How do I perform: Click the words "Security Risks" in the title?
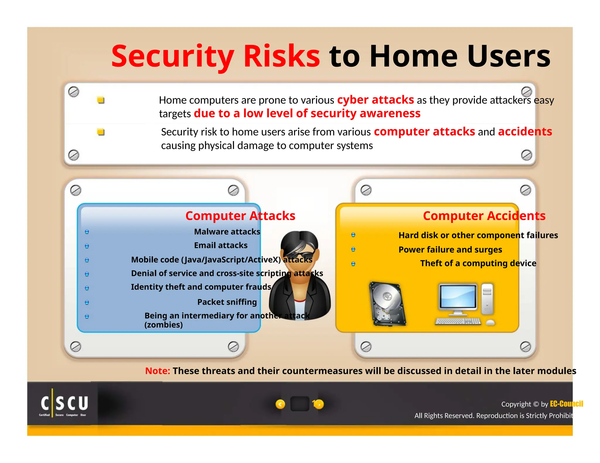tap(216, 56)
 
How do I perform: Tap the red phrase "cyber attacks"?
tap(375, 100)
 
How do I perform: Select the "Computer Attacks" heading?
tap(240, 216)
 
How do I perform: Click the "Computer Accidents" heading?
tap(484, 216)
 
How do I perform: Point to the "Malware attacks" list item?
tap(227, 232)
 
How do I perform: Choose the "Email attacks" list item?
tap(221, 246)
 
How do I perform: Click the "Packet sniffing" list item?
tap(227, 302)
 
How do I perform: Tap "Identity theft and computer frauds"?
tap(201, 287)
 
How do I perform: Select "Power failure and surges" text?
tap(450, 250)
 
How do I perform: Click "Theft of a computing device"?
tap(478, 263)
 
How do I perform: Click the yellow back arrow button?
tap(280, 404)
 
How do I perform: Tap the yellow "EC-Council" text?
tap(566, 404)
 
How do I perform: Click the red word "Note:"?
tap(157, 371)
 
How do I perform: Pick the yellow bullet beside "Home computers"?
tap(101, 100)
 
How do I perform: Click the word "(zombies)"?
tap(163, 325)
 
